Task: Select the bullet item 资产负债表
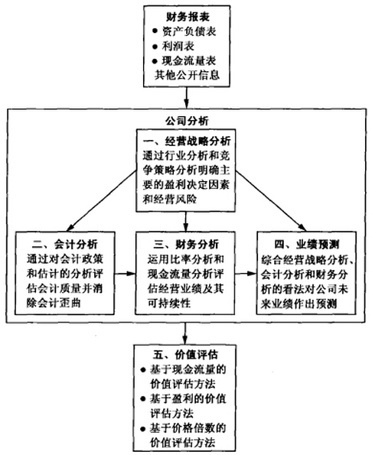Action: (x=189, y=32)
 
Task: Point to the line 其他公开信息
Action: (x=184, y=76)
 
